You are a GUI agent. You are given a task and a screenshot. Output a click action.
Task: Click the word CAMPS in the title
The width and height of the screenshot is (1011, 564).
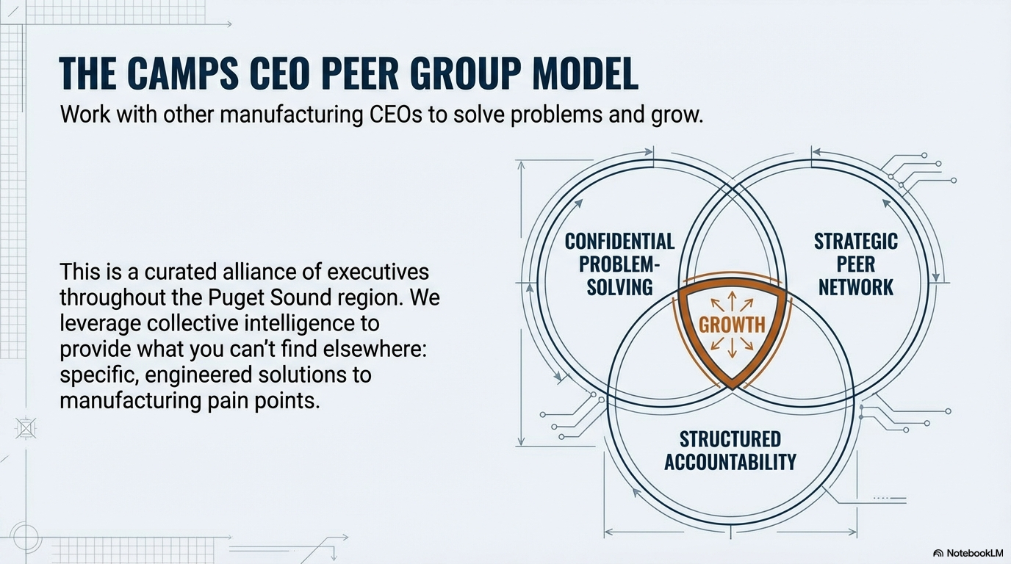pyautogui.click(x=183, y=73)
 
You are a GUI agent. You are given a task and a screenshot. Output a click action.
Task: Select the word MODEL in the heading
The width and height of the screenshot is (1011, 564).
pyautogui.click(x=586, y=73)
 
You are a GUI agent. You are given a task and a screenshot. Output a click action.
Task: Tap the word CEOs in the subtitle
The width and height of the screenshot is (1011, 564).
pyautogui.click(x=395, y=115)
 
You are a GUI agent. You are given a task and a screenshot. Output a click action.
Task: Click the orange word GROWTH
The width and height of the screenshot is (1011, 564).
pyautogui.click(x=732, y=325)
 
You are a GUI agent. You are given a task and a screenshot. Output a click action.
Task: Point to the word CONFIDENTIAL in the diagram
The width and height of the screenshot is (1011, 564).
pyautogui.click(x=619, y=242)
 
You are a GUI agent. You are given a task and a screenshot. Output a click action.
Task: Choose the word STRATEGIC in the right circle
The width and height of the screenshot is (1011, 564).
pyautogui.click(x=856, y=242)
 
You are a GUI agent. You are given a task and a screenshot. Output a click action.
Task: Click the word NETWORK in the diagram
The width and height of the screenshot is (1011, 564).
pyautogui.click(x=856, y=287)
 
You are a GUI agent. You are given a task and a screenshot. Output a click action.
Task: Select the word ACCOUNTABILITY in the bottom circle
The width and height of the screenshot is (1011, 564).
pyautogui.click(x=730, y=462)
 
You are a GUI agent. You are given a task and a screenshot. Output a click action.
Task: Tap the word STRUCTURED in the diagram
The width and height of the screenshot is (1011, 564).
pyautogui.click(x=730, y=439)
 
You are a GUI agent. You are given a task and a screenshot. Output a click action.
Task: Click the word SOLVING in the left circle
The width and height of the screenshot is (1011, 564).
pyautogui.click(x=619, y=287)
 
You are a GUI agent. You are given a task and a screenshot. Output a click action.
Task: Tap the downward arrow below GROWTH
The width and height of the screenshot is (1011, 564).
pyautogui.click(x=732, y=347)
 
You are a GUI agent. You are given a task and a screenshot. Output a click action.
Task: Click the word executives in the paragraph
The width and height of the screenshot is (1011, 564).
pyautogui.click(x=378, y=272)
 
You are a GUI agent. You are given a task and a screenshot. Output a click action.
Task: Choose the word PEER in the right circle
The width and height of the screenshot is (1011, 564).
pyautogui.click(x=856, y=264)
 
